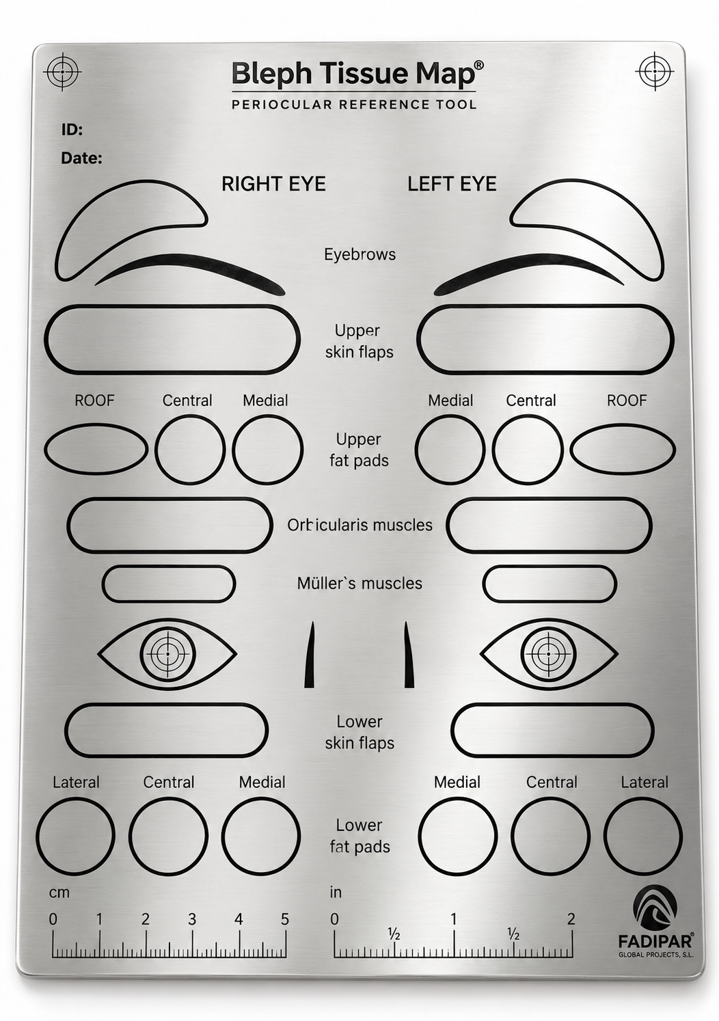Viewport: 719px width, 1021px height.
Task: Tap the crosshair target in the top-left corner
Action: [62, 72]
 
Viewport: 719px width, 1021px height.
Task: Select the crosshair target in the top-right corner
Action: [655, 72]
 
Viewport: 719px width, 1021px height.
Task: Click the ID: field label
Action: [72, 130]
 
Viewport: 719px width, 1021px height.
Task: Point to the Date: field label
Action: [81, 158]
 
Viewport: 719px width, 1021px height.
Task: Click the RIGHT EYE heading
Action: [273, 184]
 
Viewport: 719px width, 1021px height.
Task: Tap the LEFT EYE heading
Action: [452, 184]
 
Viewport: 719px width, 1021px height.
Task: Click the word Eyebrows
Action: [359, 254]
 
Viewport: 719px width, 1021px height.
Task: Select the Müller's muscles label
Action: [359, 584]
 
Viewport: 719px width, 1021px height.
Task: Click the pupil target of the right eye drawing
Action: [167, 653]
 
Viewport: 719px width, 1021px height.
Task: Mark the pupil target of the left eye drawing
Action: [549, 653]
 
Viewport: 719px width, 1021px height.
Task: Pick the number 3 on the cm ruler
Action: [191, 919]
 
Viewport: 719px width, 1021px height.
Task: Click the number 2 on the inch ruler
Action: [571, 919]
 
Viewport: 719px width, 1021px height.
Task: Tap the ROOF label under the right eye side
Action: [94, 400]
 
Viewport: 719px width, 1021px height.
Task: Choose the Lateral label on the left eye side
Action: [645, 782]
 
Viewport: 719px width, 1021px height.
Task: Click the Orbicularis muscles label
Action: [359, 525]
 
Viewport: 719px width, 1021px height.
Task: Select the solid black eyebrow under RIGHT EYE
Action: [190, 275]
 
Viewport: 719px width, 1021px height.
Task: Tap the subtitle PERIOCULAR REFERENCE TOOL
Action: [354, 105]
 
